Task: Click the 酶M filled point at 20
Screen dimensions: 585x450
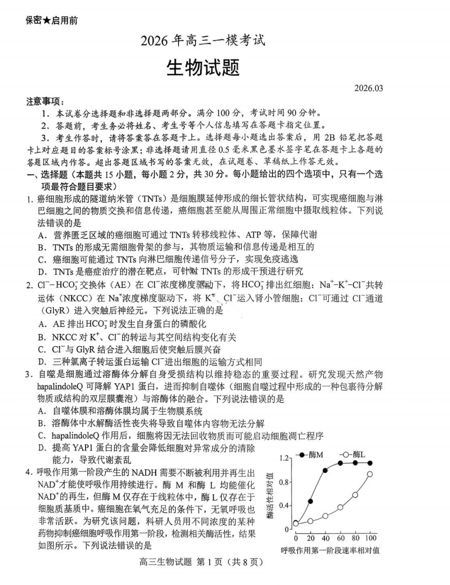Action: [310, 501]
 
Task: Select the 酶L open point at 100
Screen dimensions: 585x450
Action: [370, 474]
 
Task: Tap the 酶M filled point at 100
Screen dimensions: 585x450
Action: [370, 463]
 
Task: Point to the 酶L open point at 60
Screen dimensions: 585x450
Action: [340, 507]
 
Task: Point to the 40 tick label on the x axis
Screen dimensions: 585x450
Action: [325, 538]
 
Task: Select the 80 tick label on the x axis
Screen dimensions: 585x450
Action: [355, 538]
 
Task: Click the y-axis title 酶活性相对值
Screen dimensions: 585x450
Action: [270, 493]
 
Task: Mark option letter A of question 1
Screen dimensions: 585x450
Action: [42, 234]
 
